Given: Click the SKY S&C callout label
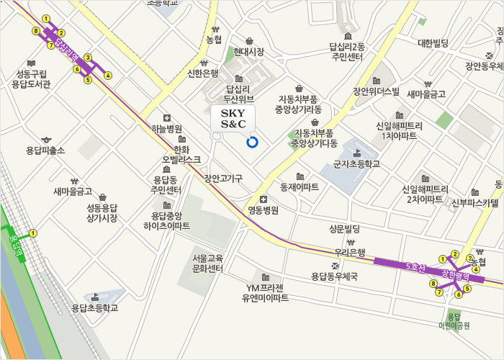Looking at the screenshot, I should (x=233, y=120).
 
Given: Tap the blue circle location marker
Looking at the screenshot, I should (x=252, y=142).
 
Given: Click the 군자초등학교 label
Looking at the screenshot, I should (x=356, y=164).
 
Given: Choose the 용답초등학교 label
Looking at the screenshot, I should (x=94, y=308).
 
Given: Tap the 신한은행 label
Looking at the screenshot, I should (x=202, y=73).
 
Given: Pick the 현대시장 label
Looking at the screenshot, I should (x=248, y=52).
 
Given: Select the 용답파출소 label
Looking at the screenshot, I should (x=45, y=150).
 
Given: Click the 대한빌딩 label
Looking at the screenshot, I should (x=433, y=43).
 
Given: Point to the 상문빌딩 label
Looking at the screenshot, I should (x=344, y=229).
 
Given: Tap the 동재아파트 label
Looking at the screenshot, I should (x=300, y=186).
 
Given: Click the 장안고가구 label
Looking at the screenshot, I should (x=223, y=178).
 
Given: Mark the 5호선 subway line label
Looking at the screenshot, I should (x=417, y=266).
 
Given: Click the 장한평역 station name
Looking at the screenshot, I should (x=455, y=274).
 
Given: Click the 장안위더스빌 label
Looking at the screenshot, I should (x=375, y=91).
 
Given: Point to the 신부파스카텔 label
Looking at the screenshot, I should (x=474, y=203).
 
